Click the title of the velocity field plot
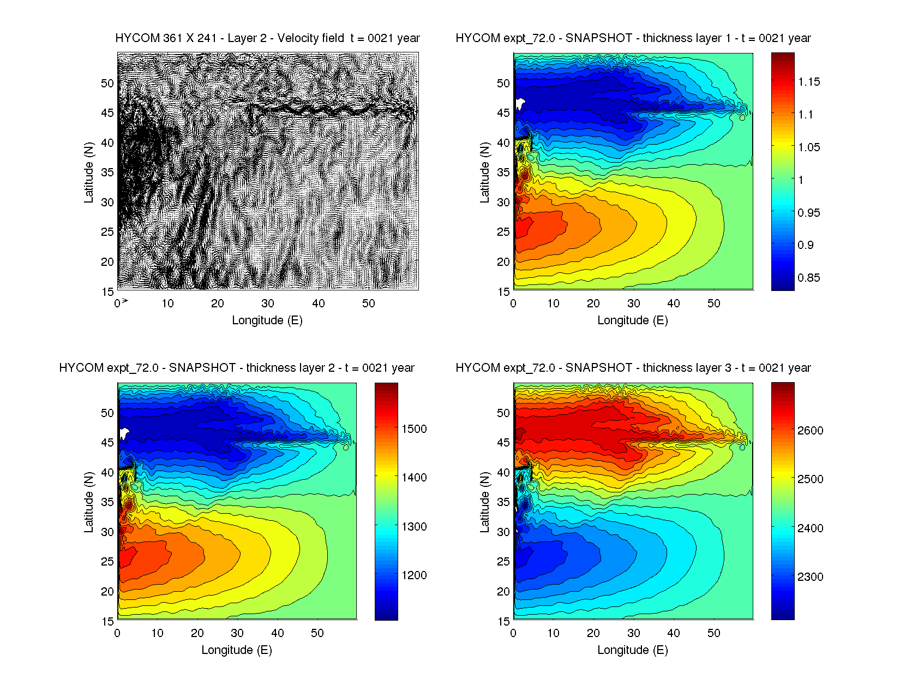coord(267,38)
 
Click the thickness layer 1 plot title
coord(633,38)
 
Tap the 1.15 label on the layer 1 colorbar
coord(808,82)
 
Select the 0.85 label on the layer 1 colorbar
coord(808,278)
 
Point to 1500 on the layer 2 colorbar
coord(414,429)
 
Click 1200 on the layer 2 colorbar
coord(414,575)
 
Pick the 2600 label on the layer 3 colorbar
coord(810,431)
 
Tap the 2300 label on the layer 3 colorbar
coord(810,577)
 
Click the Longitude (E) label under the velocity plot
coord(267,320)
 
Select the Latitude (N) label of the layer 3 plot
coord(484,502)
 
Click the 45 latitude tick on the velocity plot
coord(107,113)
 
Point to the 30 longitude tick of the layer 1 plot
coord(633,304)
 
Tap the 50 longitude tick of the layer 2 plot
coord(317,633)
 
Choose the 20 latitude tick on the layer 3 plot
coord(503,592)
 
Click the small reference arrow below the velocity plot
coord(124,300)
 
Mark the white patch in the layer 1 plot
coord(520,103)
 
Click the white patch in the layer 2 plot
coord(124,433)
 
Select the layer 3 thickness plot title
coord(633,368)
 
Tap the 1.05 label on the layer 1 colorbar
coord(808,147)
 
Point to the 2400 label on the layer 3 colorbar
coord(810,528)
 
